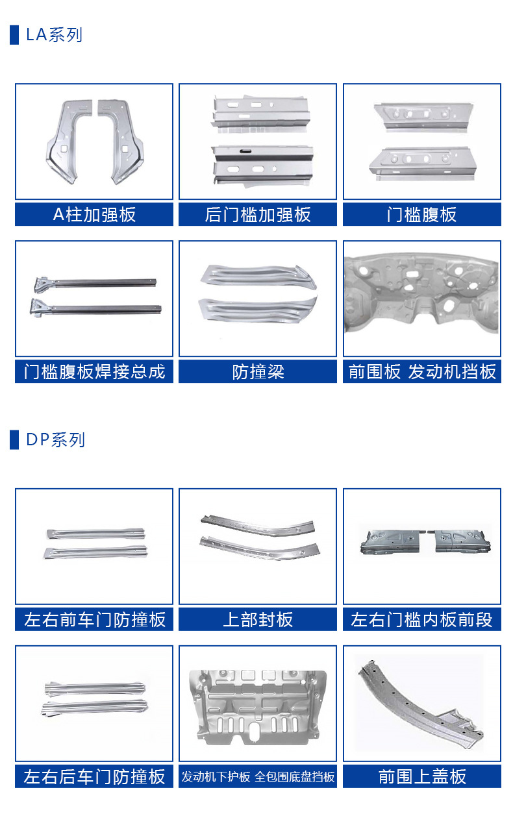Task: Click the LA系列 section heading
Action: click(54, 34)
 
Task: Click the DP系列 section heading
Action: click(55, 440)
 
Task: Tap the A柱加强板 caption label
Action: click(94, 214)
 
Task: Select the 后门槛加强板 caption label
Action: click(258, 214)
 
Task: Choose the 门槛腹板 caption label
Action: click(422, 214)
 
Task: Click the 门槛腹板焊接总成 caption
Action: click(94, 371)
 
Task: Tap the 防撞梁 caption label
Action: click(258, 371)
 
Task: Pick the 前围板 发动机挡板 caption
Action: click(422, 371)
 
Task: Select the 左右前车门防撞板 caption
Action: click(94, 619)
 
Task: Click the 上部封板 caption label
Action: click(258, 619)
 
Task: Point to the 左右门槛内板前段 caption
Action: click(422, 619)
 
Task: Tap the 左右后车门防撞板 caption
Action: click(94, 776)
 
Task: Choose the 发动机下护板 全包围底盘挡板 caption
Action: click(258, 776)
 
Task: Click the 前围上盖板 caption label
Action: click(422, 776)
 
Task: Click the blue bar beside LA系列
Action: click(14, 34)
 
